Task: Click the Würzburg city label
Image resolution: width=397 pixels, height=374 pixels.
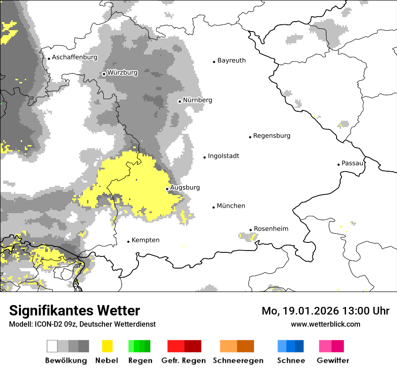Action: pos(122,73)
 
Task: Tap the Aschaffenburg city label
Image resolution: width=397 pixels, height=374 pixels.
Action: pos(74,57)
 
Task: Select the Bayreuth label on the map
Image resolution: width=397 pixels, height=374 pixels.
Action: pos(231,60)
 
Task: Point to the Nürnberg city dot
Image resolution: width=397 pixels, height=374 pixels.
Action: pos(180,101)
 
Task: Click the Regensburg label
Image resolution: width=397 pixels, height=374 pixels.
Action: pos(272,136)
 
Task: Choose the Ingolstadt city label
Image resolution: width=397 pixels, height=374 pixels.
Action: pos(223,156)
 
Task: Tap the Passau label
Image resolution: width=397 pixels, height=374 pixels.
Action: pos(352,163)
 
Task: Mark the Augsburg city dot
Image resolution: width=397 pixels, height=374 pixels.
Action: pos(167,189)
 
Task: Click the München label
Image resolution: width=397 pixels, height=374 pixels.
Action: pos(231,206)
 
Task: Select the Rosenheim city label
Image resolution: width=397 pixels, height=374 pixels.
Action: pos(271,229)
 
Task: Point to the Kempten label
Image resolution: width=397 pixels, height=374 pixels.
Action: pos(145,240)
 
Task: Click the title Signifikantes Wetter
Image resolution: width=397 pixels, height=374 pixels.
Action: pos(74,310)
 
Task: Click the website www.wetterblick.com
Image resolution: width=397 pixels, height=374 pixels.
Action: pos(325,324)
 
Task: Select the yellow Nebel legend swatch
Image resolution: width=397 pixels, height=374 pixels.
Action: pos(107,346)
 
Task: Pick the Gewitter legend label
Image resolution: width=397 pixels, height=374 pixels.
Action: pos(332,360)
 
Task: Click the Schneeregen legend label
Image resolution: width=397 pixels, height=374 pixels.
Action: pos(238,360)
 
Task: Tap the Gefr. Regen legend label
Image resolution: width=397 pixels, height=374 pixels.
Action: pos(184,360)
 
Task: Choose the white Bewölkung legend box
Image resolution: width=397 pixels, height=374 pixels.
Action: pos(52,346)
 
